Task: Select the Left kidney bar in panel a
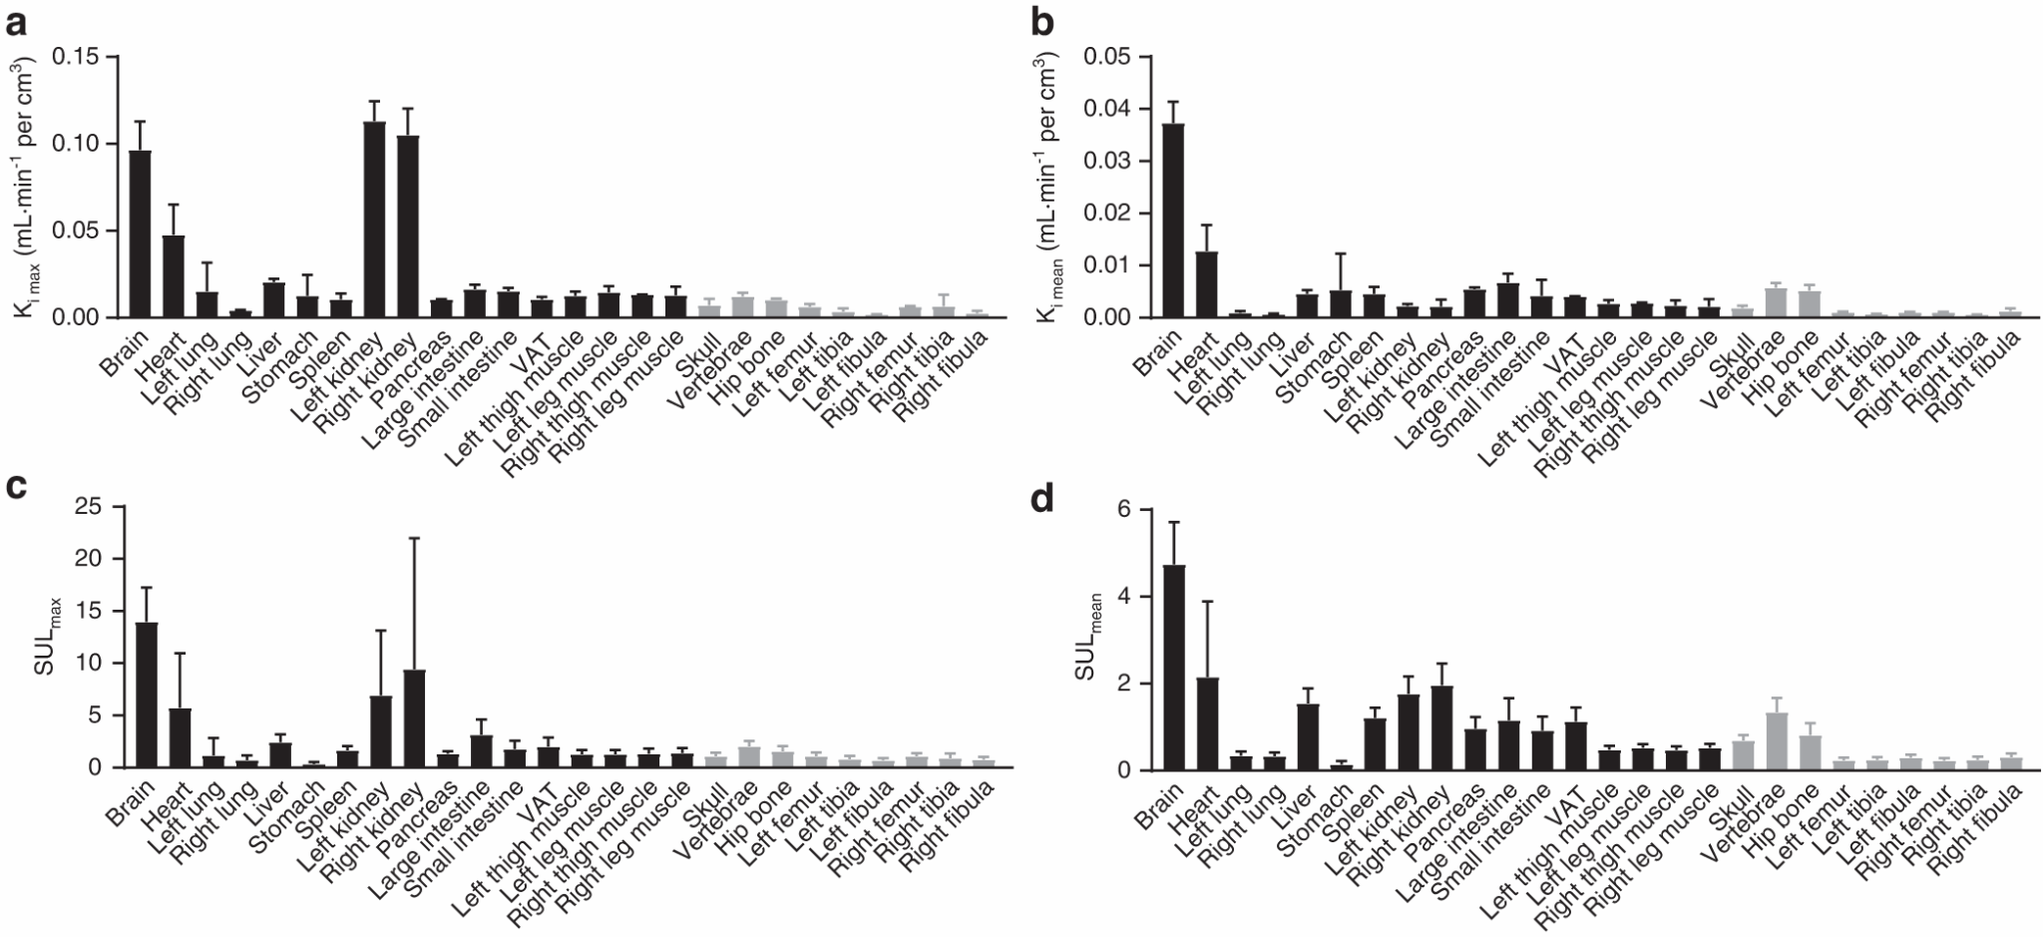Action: point(374,220)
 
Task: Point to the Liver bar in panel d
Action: point(1308,737)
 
